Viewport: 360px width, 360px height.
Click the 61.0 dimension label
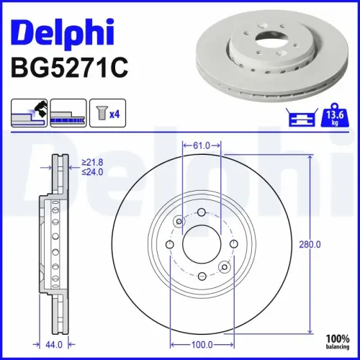tap(202, 145)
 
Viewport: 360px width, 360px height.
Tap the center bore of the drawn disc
tap(202, 246)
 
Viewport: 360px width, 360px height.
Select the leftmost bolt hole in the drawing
tap(169, 246)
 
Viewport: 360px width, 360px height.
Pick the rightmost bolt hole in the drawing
tap(234, 246)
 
